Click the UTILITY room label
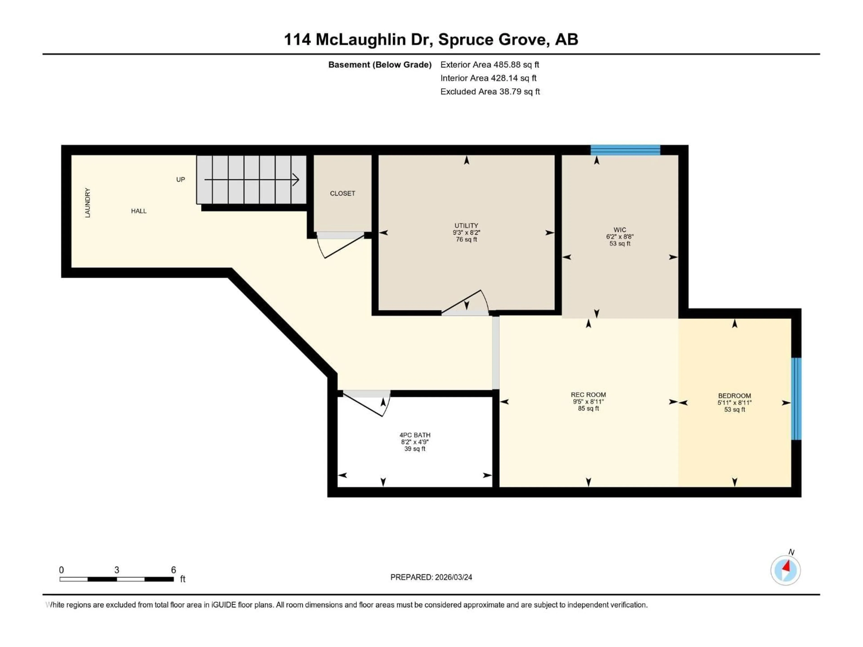click(x=466, y=225)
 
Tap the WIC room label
click(x=620, y=230)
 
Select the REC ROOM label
click(x=588, y=395)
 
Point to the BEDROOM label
click(x=734, y=395)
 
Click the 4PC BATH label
click(x=415, y=435)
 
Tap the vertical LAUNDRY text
click(x=87, y=203)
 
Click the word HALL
click(x=138, y=211)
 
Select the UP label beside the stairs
click(x=180, y=179)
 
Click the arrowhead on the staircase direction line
click(x=296, y=179)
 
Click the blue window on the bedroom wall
click(x=796, y=399)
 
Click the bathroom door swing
click(x=367, y=404)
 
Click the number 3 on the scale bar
click(x=117, y=570)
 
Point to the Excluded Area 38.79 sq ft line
click(x=490, y=92)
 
